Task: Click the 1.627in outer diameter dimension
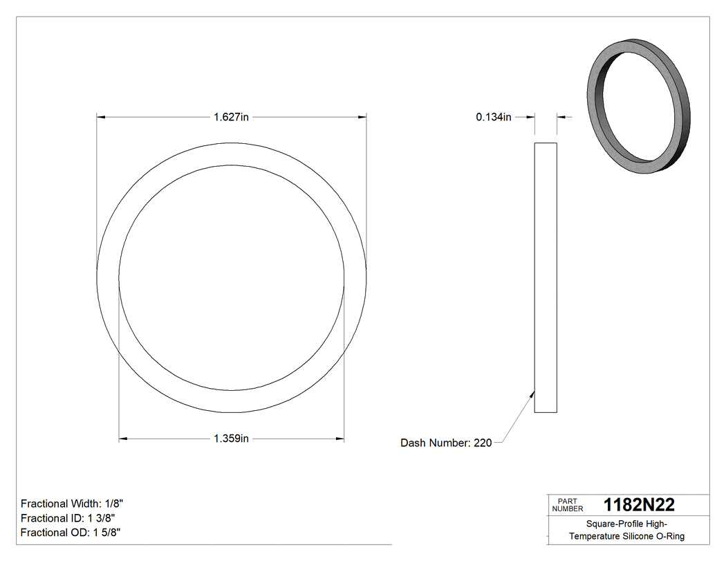(x=231, y=117)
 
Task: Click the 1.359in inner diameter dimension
(x=231, y=439)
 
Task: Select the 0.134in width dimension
(x=493, y=117)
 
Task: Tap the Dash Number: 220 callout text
(x=446, y=443)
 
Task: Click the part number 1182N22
(x=639, y=504)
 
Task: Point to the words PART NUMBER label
(x=568, y=504)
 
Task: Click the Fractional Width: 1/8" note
(x=72, y=504)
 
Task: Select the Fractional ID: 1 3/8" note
(x=68, y=518)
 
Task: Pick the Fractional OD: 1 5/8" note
(x=71, y=532)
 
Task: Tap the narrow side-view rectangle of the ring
(x=546, y=277)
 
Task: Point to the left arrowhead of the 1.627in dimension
(x=101, y=117)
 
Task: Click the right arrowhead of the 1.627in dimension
(x=362, y=117)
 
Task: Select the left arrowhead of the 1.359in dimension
(x=124, y=439)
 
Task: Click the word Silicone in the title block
(x=638, y=536)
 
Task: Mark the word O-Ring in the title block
(x=671, y=536)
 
